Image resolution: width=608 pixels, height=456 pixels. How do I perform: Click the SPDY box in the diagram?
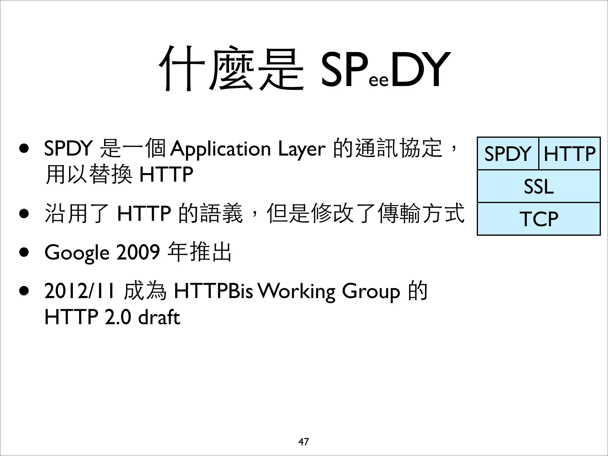(508, 154)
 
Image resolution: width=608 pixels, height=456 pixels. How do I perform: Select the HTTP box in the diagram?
(569, 154)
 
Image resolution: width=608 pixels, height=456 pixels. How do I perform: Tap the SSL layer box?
(539, 186)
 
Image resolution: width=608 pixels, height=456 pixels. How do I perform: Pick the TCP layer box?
(539, 219)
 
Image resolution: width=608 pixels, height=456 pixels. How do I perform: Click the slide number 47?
(303, 442)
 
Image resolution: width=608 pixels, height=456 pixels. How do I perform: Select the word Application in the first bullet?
(220, 149)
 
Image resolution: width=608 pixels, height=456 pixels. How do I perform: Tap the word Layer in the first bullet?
(302, 149)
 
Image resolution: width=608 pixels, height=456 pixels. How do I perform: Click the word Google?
(77, 253)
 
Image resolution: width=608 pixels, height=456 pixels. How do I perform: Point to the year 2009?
(138, 253)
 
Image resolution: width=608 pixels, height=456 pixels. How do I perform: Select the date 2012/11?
(79, 291)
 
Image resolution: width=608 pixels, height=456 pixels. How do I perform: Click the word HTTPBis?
(213, 291)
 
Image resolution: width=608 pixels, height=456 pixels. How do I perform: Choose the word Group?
(371, 291)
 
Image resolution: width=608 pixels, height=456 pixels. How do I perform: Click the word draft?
(159, 317)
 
